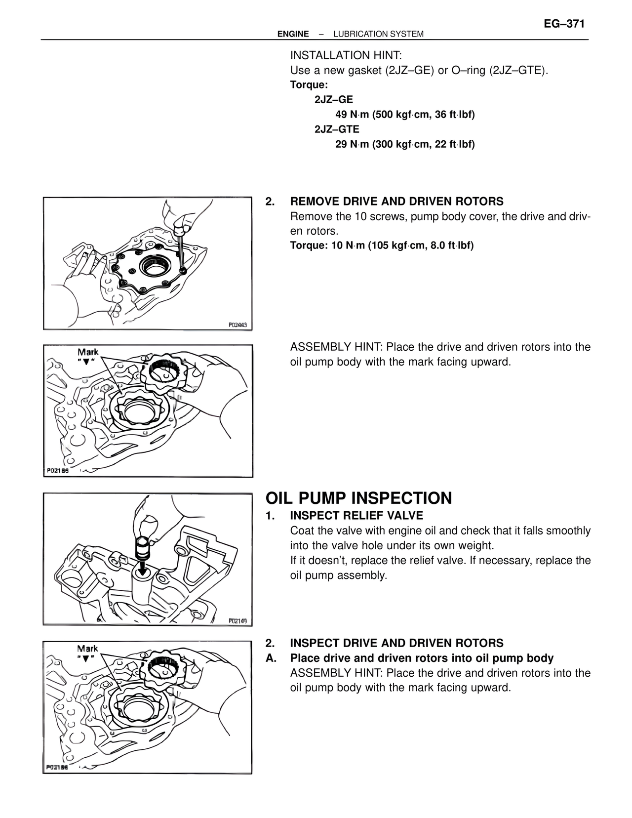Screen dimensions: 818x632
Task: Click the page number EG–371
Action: click(564, 24)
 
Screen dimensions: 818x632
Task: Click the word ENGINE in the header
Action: click(293, 34)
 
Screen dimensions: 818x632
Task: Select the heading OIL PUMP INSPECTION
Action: click(358, 498)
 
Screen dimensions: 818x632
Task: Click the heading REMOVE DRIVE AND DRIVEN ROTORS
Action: click(396, 202)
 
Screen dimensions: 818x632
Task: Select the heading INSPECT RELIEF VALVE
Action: click(356, 516)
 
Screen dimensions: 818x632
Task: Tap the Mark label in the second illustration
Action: click(88, 352)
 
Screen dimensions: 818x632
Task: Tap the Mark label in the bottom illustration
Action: click(87, 649)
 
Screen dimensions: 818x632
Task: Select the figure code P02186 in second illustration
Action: click(58, 471)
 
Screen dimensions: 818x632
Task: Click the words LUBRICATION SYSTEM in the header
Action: click(378, 34)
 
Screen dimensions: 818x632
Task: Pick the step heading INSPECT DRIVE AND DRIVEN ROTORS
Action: click(396, 643)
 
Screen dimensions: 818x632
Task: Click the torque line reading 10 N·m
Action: click(382, 246)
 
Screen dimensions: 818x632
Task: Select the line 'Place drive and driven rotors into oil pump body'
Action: click(422, 658)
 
